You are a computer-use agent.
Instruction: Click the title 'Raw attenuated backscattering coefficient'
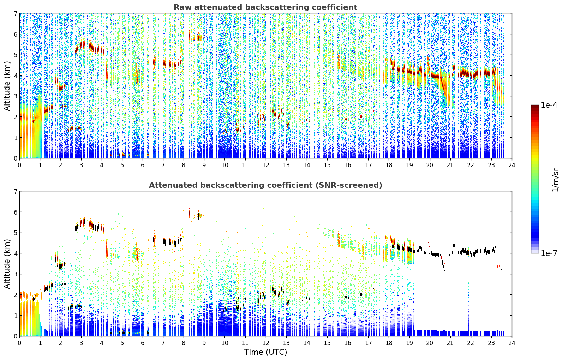coord(265,7)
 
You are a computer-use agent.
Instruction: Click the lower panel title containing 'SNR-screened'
coord(265,185)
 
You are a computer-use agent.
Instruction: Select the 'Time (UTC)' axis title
coord(265,352)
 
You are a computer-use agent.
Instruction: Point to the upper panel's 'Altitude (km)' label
coord(7,86)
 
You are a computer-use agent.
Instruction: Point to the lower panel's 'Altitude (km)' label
coord(7,264)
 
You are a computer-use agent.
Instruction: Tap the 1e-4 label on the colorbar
coord(549,105)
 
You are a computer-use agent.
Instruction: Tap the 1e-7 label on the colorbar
coord(549,253)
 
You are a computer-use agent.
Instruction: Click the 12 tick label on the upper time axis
coord(266,165)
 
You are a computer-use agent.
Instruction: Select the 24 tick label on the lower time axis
coord(512,343)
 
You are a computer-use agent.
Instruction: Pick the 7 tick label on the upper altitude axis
coord(16,13)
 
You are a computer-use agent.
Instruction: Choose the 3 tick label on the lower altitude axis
coord(16,274)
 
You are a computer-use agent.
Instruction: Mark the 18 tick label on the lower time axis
coord(389,343)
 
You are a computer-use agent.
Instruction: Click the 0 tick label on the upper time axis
coord(20,165)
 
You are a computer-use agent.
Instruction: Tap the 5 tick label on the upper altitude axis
coord(16,55)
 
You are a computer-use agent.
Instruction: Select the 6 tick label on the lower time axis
coord(143,343)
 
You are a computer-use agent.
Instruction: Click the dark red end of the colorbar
coord(535,107)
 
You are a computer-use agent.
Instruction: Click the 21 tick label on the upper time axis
coord(450,165)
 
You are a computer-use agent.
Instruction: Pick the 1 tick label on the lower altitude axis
coord(16,316)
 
